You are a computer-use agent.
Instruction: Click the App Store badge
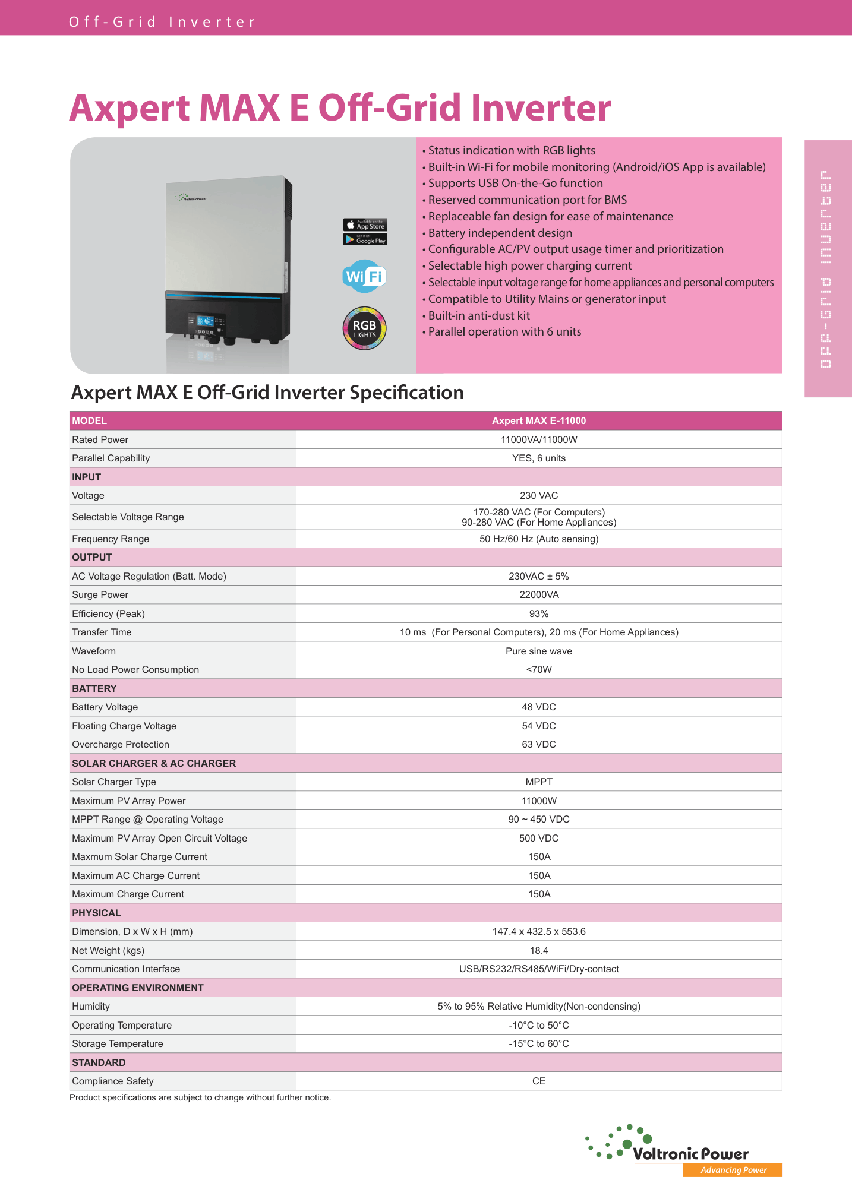[x=365, y=225]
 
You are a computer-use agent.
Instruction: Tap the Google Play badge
[x=365, y=239]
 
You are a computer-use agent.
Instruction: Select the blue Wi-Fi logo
[x=364, y=276]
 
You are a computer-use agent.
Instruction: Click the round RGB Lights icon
[x=364, y=328]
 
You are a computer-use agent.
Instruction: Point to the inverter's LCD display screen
[x=205, y=321]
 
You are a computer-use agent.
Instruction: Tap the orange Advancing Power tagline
[x=733, y=1170]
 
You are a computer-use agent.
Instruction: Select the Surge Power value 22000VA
[x=539, y=594]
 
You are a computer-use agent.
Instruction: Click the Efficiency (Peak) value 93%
[x=539, y=613]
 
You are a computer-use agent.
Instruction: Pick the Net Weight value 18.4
[x=539, y=950]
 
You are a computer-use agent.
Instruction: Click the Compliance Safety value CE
[x=539, y=1081]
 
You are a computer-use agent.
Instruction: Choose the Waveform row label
[x=94, y=651]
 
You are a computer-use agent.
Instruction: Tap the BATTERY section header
[x=94, y=688]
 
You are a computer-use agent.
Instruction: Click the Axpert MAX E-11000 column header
[x=539, y=420]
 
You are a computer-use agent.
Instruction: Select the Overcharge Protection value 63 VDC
[x=539, y=744]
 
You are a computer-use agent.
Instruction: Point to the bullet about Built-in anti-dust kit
[x=479, y=315]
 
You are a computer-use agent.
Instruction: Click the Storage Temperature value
[x=539, y=1043]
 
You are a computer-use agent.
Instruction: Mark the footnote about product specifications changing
[x=200, y=1097]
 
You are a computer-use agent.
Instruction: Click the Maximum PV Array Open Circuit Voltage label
[x=159, y=838]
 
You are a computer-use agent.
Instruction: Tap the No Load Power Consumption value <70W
[x=539, y=669]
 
